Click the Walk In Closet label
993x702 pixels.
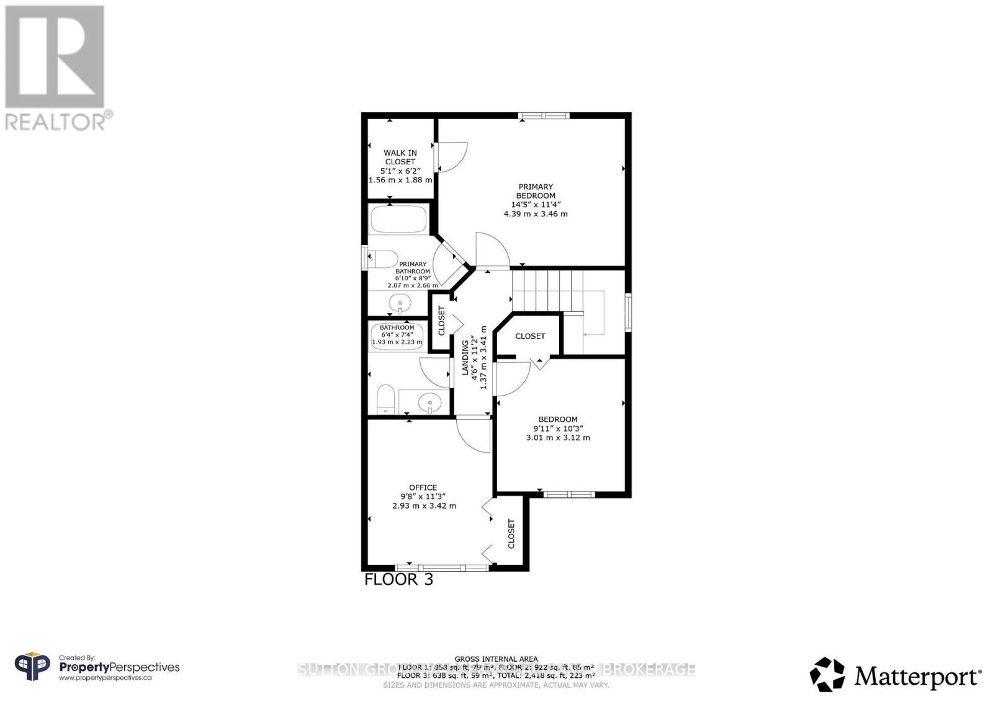click(400, 157)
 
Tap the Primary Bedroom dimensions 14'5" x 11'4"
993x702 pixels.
click(535, 205)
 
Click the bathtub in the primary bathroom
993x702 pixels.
click(398, 219)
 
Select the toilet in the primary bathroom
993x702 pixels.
click(384, 258)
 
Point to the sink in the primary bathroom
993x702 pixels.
click(400, 304)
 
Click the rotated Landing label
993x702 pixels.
click(465, 357)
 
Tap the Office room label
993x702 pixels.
click(423, 487)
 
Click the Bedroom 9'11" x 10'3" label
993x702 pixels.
click(558, 429)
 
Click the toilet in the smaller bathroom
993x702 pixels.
click(386, 399)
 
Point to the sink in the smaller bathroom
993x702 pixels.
click(429, 404)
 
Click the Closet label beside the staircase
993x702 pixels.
click(530, 336)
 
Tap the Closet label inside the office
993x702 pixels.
click(511, 534)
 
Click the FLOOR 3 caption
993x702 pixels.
click(398, 580)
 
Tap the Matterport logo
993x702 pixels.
click(896, 675)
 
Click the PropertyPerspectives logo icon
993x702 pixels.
click(32, 667)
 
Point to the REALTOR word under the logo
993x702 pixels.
click(56, 121)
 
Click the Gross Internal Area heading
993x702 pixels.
click(496, 659)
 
